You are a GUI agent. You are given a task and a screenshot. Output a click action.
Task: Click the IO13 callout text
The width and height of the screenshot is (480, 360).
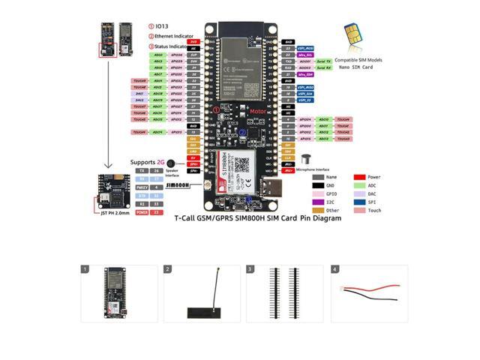click(161, 25)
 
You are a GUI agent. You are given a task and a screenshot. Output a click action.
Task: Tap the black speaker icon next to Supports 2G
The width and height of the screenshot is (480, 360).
click(172, 163)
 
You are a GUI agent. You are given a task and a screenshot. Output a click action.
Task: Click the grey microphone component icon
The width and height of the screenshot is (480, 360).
click(305, 159)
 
